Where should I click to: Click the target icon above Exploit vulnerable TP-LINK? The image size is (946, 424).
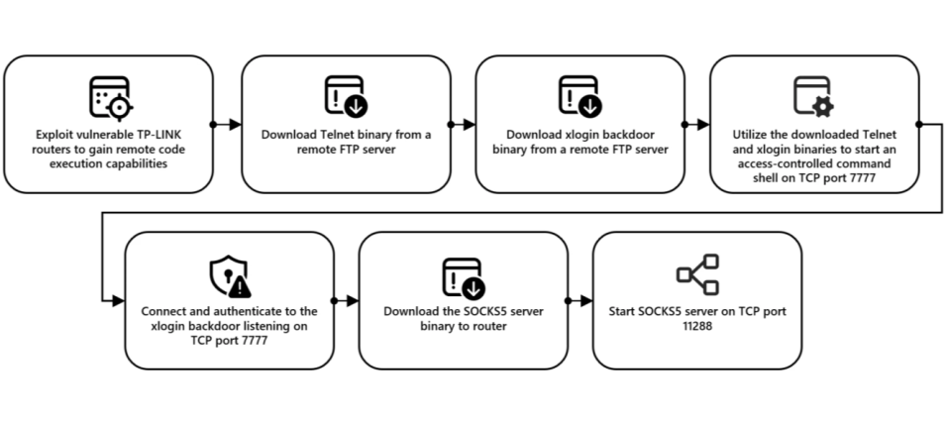(109, 97)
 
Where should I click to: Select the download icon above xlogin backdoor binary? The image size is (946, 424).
(578, 96)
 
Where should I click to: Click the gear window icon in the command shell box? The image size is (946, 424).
(813, 96)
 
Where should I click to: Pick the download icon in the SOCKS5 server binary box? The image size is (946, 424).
(463, 274)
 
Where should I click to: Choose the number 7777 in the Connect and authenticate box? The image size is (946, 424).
(248, 338)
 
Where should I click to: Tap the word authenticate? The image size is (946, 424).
(254, 311)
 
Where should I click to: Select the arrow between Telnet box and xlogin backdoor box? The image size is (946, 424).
(462, 125)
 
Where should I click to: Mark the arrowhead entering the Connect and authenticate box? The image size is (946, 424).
(119, 300)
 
